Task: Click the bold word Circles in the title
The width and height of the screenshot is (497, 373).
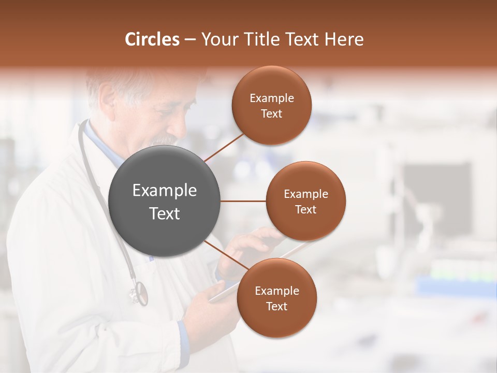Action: tap(152, 39)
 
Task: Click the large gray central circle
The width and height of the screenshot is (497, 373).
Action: tap(165, 201)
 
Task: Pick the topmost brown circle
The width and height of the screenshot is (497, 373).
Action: tap(271, 106)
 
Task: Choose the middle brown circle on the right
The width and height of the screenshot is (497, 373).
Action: tap(306, 201)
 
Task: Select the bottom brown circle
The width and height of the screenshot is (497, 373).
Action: tap(276, 298)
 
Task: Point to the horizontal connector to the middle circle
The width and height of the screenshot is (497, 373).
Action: tap(243, 201)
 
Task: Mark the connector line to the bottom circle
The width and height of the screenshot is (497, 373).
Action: tap(226, 256)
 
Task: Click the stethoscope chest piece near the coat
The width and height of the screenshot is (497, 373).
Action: tap(139, 293)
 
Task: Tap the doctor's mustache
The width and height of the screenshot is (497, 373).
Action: tap(165, 140)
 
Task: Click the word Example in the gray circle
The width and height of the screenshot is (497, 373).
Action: tap(165, 191)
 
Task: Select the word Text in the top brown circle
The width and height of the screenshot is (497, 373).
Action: tap(271, 114)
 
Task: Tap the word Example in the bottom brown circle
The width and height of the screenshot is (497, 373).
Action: tap(276, 291)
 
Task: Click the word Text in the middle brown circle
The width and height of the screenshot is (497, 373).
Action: tap(306, 209)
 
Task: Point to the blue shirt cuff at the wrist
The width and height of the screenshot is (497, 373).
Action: tap(182, 332)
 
